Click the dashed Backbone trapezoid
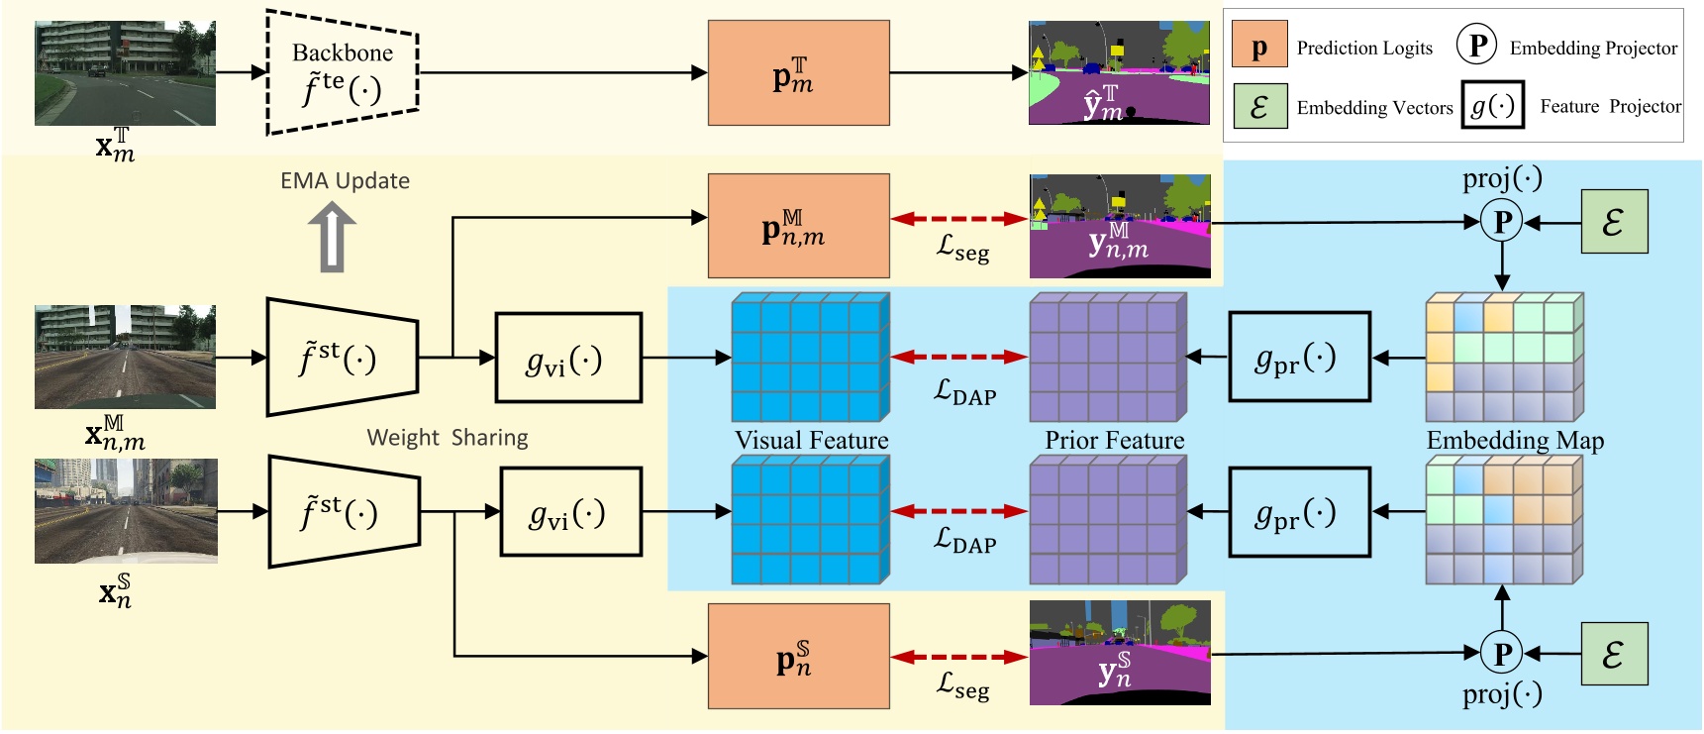coord(343,72)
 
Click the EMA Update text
coord(345,181)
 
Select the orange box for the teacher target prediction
coord(798,73)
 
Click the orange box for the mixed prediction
coord(798,226)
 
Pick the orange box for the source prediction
coord(798,656)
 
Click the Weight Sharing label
coord(448,438)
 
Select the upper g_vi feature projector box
coord(568,358)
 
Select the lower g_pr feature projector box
coord(1299,512)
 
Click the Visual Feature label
coord(811,441)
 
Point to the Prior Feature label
coord(1114,441)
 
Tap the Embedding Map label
coord(1515,441)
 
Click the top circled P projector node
coord(1502,222)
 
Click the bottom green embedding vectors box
coord(1614,654)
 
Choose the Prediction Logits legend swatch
coord(1259,48)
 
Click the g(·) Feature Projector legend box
coord(1492,106)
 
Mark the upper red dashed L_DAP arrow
coord(959,357)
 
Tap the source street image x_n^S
coord(126,511)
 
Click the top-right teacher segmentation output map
coord(1119,72)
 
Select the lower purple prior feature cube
coord(1107,520)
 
